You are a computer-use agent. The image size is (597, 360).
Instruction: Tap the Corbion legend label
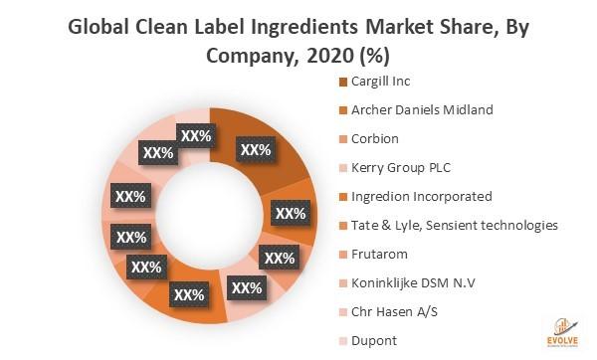[x=375, y=138]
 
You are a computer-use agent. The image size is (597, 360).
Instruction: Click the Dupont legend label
[x=374, y=340]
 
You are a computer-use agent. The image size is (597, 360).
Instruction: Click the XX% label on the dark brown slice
[x=256, y=150]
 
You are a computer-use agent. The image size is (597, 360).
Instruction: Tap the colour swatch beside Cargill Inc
[x=343, y=82]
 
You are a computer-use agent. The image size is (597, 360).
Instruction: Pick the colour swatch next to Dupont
[x=343, y=340]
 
